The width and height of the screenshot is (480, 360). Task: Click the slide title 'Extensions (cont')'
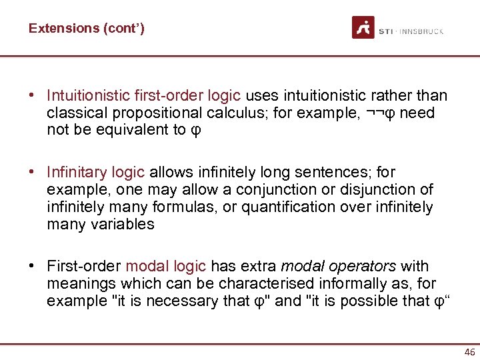[86, 28]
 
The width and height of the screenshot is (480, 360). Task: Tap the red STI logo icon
[363, 27]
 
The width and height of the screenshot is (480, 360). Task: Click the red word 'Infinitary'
[77, 173]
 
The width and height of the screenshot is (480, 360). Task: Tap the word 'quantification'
[282, 207]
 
